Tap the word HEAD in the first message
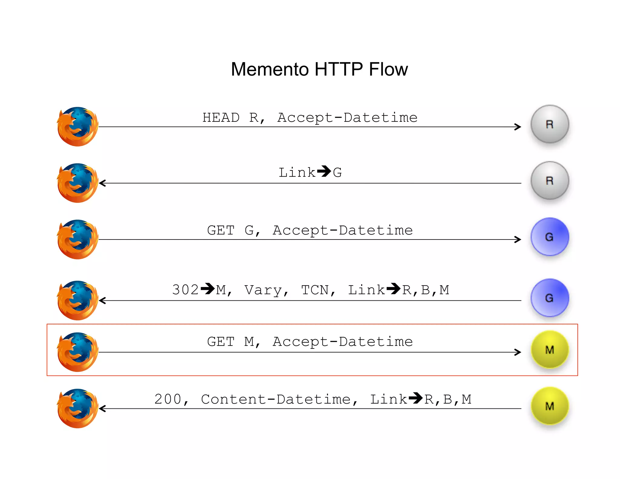[x=221, y=117]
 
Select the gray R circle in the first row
[x=549, y=124]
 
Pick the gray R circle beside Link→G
[x=549, y=180]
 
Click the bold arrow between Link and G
[x=324, y=171]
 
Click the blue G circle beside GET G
[x=549, y=237]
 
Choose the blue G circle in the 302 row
[x=549, y=298]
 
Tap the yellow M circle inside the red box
[x=549, y=349]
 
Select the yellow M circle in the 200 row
[x=549, y=406]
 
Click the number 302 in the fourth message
[x=185, y=290]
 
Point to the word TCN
[x=315, y=290]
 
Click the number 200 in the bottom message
[x=168, y=399]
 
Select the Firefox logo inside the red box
[x=77, y=352]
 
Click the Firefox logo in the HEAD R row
[x=77, y=127]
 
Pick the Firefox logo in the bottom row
[x=77, y=408]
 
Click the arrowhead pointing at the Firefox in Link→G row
[x=102, y=183]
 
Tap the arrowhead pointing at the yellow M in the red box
[x=518, y=352]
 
